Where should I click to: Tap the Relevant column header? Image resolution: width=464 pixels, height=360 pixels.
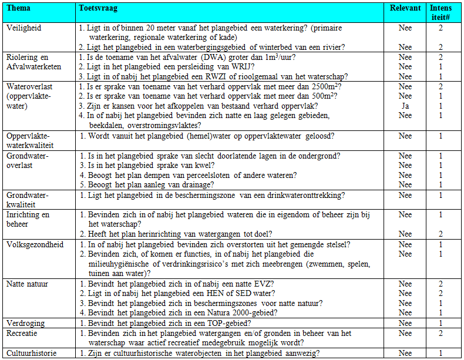click(405, 9)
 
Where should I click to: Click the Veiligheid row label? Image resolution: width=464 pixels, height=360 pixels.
click(23, 28)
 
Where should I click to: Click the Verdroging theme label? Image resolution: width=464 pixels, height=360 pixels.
click(25, 323)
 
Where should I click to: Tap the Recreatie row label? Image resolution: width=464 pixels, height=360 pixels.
click(23, 333)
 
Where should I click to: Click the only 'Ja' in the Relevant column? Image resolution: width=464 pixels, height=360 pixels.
click(405, 106)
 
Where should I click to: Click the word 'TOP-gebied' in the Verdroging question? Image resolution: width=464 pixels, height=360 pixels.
click(233, 323)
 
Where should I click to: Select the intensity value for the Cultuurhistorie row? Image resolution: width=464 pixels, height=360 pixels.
click(441, 353)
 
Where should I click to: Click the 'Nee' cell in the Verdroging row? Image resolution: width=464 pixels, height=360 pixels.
click(405, 323)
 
